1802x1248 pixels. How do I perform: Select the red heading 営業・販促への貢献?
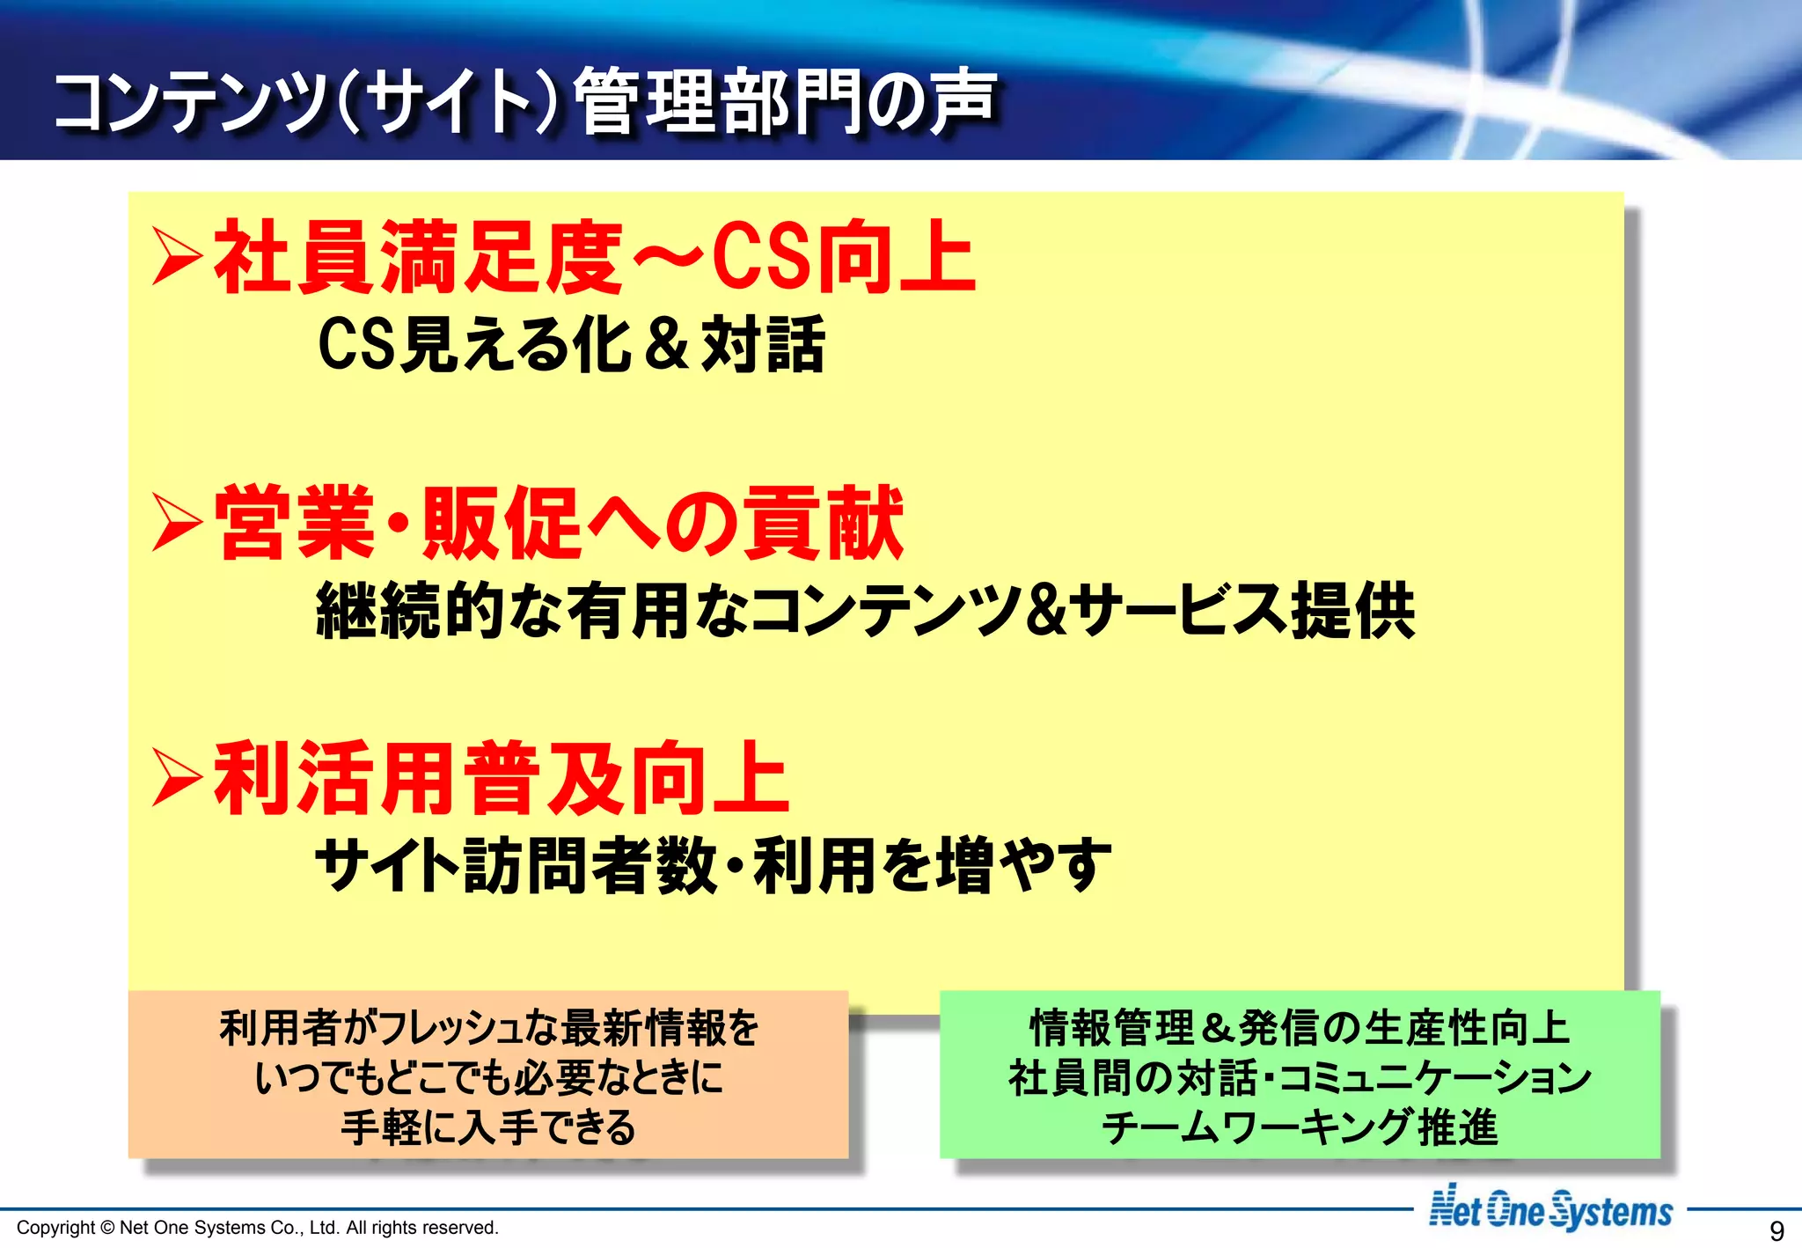click(560, 524)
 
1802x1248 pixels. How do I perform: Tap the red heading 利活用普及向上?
click(502, 779)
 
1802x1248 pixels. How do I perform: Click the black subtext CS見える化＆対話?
click(572, 344)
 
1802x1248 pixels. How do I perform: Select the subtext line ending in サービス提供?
click(866, 610)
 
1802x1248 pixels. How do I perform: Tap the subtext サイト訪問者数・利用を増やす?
click(714, 865)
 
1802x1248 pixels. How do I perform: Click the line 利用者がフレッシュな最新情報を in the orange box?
click(488, 1028)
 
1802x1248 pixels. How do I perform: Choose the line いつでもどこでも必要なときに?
click(488, 1077)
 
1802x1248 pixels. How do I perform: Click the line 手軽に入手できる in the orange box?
click(488, 1127)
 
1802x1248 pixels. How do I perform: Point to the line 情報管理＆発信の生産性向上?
click(1300, 1028)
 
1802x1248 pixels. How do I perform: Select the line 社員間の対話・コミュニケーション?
click(1300, 1077)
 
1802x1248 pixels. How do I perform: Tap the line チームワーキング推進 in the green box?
click(1300, 1127)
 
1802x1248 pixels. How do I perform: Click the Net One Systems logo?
click(1550, 1209)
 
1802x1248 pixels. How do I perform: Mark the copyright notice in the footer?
click(258, 1228)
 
